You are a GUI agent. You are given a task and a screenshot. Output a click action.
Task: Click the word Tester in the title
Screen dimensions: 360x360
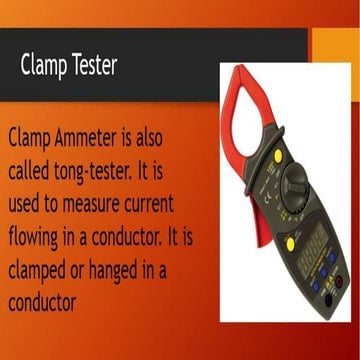tap(90, 66)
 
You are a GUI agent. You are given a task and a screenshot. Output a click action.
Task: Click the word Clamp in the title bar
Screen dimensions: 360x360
tap(42, 66)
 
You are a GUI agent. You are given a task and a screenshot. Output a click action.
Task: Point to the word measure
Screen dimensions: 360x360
tap(97, 204)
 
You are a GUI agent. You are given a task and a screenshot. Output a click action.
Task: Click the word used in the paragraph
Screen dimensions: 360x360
tap(26, 204)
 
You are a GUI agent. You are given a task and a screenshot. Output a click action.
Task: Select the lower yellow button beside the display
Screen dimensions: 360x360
tap(289, 244)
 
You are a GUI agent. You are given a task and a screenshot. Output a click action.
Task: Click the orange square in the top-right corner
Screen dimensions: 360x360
tap(334, 44)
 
